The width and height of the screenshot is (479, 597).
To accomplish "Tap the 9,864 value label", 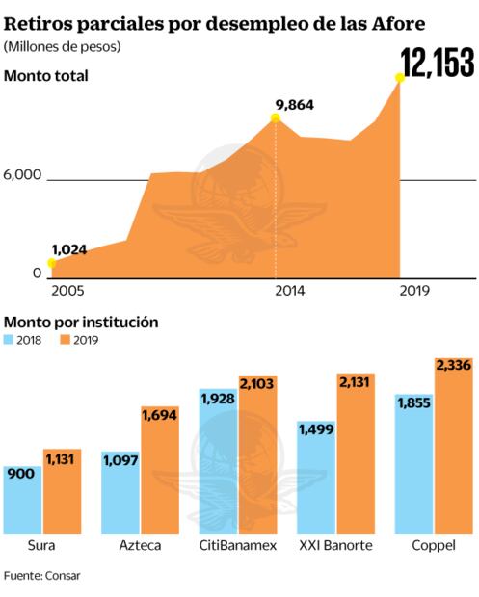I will (x=295, y=104).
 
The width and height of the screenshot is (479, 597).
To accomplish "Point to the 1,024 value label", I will (x=68, y=249).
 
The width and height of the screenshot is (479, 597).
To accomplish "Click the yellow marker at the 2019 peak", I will (x=400, y=78).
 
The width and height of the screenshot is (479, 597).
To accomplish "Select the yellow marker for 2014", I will (x=275, y=117).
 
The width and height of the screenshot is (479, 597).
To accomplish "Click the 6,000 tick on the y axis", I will (x=23, y=174).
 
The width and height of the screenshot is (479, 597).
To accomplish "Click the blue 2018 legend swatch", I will (x=10, y=339).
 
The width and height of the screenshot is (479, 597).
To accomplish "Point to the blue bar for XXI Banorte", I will (x=316, y=476).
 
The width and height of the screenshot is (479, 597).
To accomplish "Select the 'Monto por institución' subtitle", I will (x=81, y=322).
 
